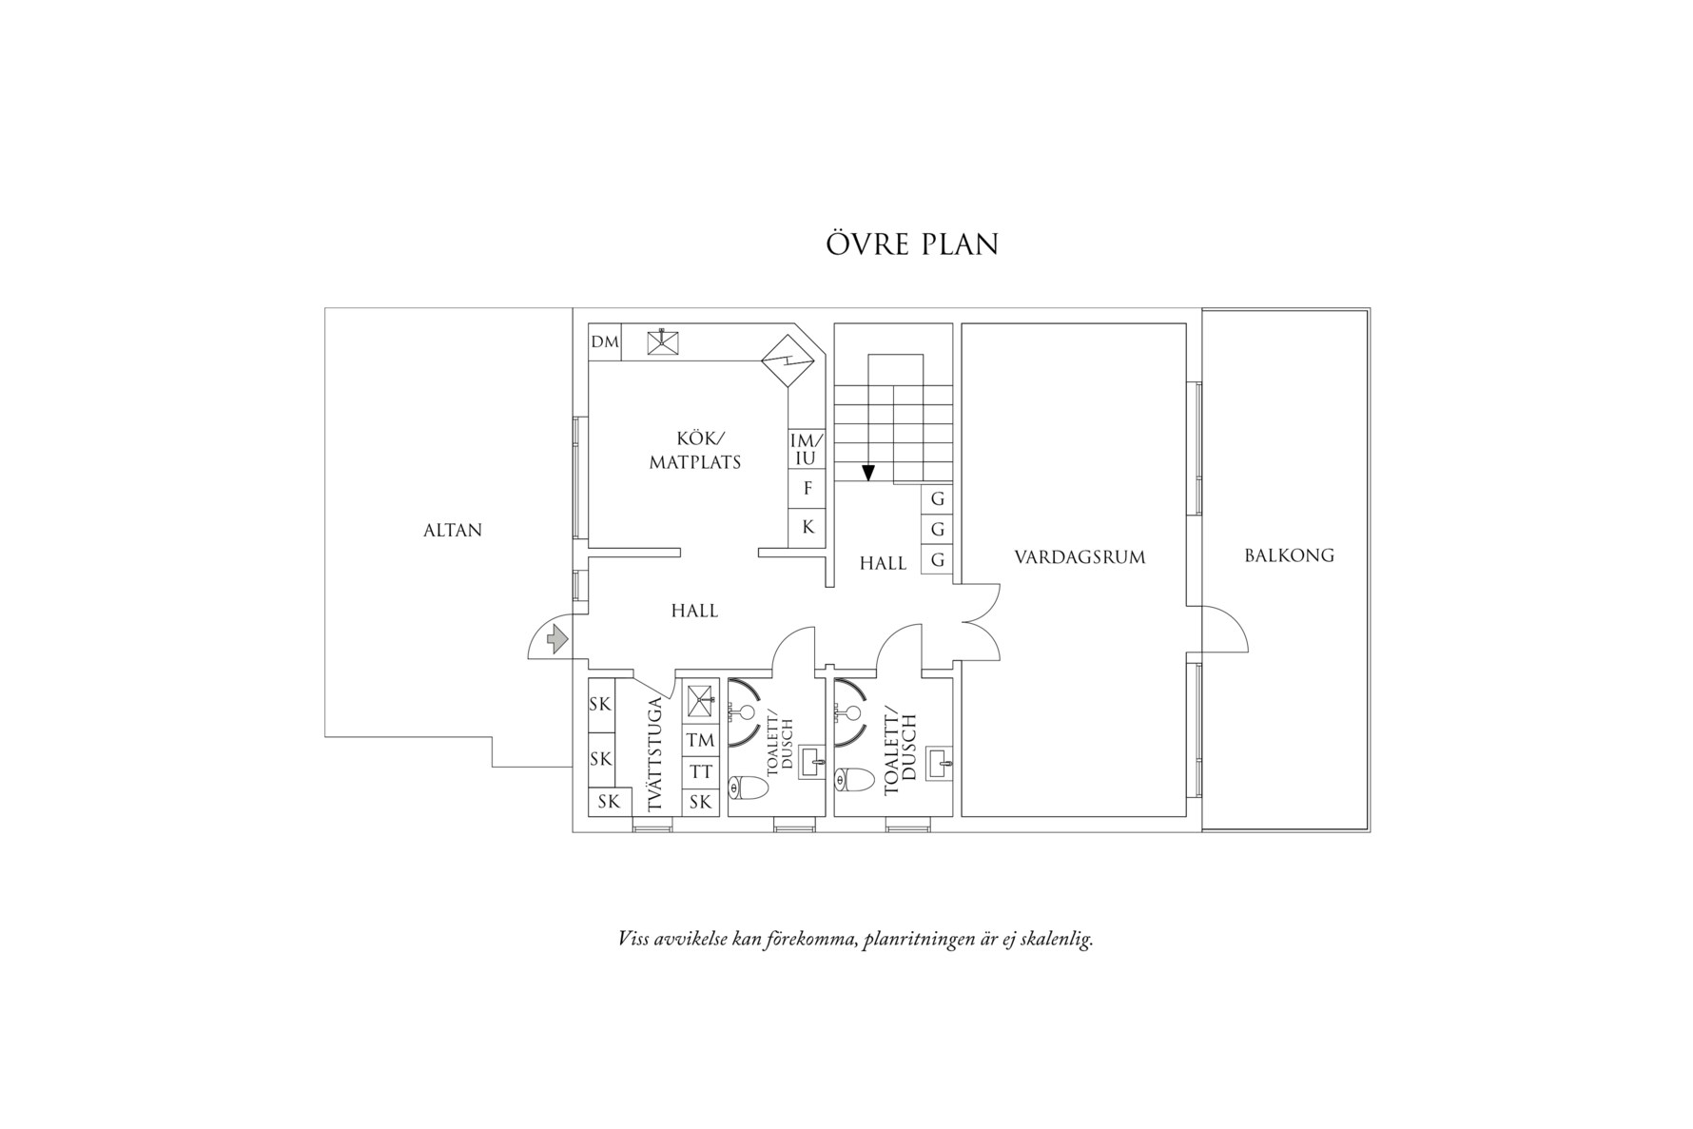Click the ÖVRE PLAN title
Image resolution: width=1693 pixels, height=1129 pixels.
pos(911,244)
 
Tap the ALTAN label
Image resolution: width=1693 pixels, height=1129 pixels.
pos(453,531)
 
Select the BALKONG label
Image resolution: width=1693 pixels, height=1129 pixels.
pos(1289,555)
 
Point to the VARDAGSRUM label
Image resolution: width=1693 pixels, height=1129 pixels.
pos(1080,557)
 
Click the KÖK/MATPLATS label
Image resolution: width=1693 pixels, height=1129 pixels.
pos(695,451)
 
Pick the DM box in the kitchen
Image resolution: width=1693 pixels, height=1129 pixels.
pos(605,342)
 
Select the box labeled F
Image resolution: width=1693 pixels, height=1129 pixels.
pos(808,489)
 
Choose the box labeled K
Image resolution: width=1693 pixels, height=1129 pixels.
pos(808,527)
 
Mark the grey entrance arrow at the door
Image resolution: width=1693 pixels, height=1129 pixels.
pos(557,639)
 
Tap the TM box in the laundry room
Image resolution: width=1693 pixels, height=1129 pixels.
pos(700,741)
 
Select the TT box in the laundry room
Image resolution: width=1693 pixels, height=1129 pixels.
pos(700,772)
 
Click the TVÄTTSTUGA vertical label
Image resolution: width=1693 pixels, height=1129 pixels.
pos(654,755)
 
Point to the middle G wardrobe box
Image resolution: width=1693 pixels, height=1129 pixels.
pos(938,530)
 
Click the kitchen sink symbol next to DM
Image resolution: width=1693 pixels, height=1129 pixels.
pos(663,342)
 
